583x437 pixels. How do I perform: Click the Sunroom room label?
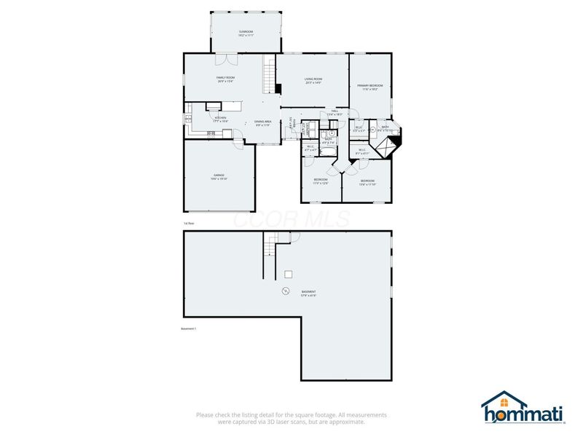(246, 33)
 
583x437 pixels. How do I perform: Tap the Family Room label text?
(224, 79)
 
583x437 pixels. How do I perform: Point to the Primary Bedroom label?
(369, 87)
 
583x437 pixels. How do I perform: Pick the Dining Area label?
(263, 123)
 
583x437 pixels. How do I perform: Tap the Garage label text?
(219, 176)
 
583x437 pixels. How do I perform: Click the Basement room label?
(309, 294)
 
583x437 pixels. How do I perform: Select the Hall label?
(334, 113)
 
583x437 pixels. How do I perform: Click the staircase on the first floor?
(269, 74)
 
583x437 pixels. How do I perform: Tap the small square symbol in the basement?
(289, 274)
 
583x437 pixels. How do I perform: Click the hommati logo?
(523, 410)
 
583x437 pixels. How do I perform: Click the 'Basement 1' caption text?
(188, 328)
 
